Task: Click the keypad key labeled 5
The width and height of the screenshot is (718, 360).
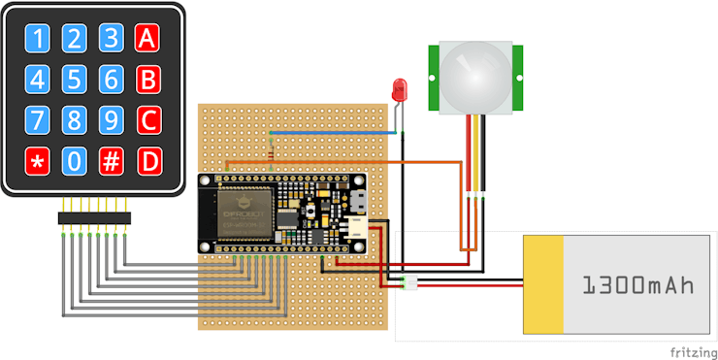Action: coord(74,79)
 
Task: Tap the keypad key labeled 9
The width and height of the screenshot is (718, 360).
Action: coord(112,119)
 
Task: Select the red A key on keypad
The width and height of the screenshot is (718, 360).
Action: coord(147,38)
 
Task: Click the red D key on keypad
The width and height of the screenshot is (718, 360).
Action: coord(147,160)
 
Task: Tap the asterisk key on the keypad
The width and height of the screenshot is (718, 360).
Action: coord(37,160)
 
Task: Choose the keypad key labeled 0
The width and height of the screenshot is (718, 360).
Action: coord(74,160)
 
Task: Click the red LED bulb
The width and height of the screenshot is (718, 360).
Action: coord(399,89)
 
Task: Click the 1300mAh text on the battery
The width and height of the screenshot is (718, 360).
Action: coord(639,285)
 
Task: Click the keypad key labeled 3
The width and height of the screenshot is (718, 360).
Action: coord(112,38)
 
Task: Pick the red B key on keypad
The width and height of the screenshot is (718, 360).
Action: coord(147,79)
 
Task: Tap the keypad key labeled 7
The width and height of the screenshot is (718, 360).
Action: coord(37,119)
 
